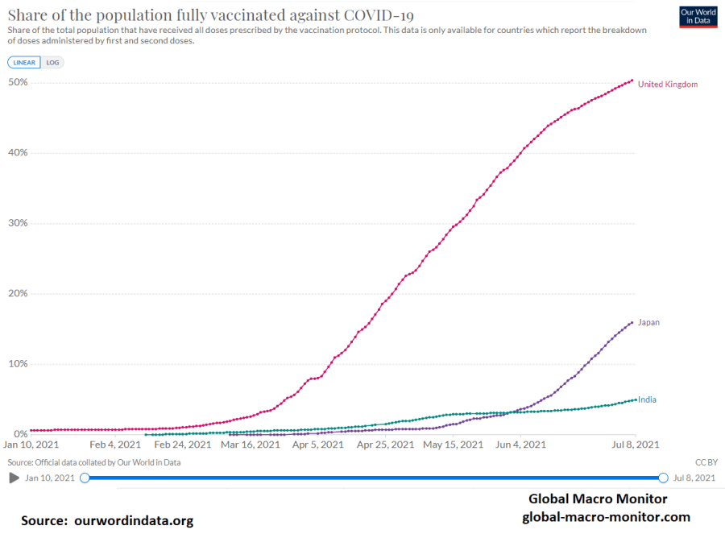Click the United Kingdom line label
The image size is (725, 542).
[x=667, y=85]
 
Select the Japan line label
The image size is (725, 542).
[x=648, y=322]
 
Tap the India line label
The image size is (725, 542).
[x=646, y=399]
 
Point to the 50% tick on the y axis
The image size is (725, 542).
[x=17, y=82]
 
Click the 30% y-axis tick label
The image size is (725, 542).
[x=17, y=223]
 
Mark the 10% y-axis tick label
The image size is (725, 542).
[x=17, y=363]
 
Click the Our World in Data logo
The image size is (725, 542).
[x=697, y=17]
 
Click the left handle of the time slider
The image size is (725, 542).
[x=85, y=478]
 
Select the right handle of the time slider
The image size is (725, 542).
[x=663, y=478]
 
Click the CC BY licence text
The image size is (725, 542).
[x=705, y=462]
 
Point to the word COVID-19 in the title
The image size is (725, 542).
[x=372, y=14]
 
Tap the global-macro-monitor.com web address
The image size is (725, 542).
[x=606, y=517]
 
